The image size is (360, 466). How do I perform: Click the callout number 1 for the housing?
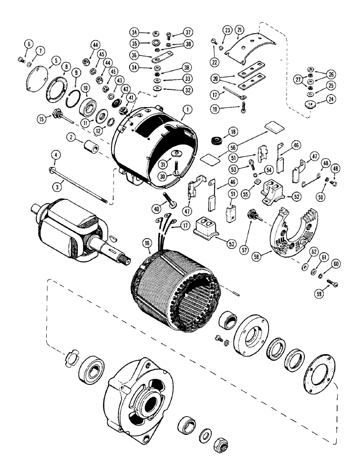pos(187,110)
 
